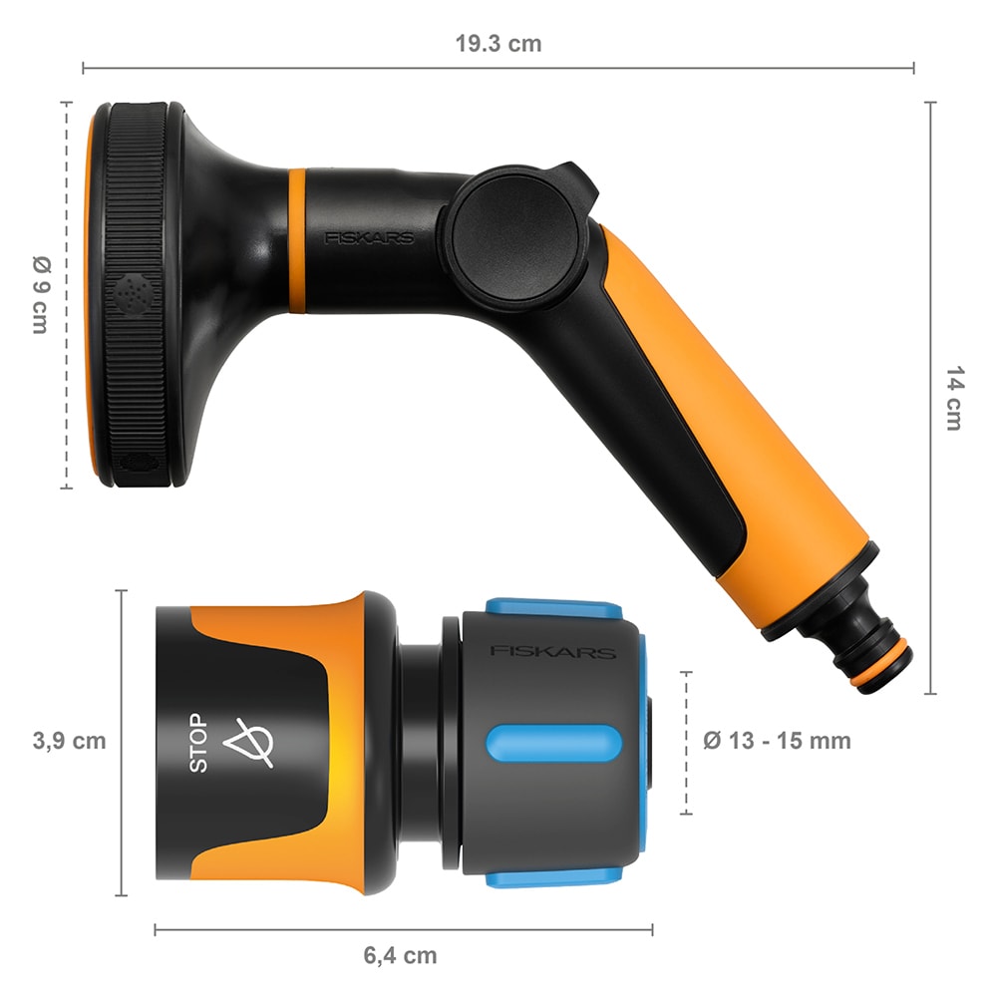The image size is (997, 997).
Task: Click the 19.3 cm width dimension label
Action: coord(498,44)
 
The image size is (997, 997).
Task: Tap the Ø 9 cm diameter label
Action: coord(40,294)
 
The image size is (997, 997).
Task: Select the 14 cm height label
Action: coord(954,399)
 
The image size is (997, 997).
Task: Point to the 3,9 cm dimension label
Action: coord(68,741)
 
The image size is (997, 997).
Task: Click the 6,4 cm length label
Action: coord(400,955)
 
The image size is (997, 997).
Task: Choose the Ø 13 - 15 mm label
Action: coord(777,741)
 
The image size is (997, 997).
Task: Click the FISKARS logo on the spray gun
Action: coord(369,238)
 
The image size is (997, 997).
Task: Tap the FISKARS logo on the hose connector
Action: coord(551,652)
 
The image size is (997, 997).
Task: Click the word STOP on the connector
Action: coord(199,743)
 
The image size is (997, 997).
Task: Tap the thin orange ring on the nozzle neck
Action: coord(297,240)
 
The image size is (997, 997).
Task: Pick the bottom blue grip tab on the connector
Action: coord(553,876)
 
